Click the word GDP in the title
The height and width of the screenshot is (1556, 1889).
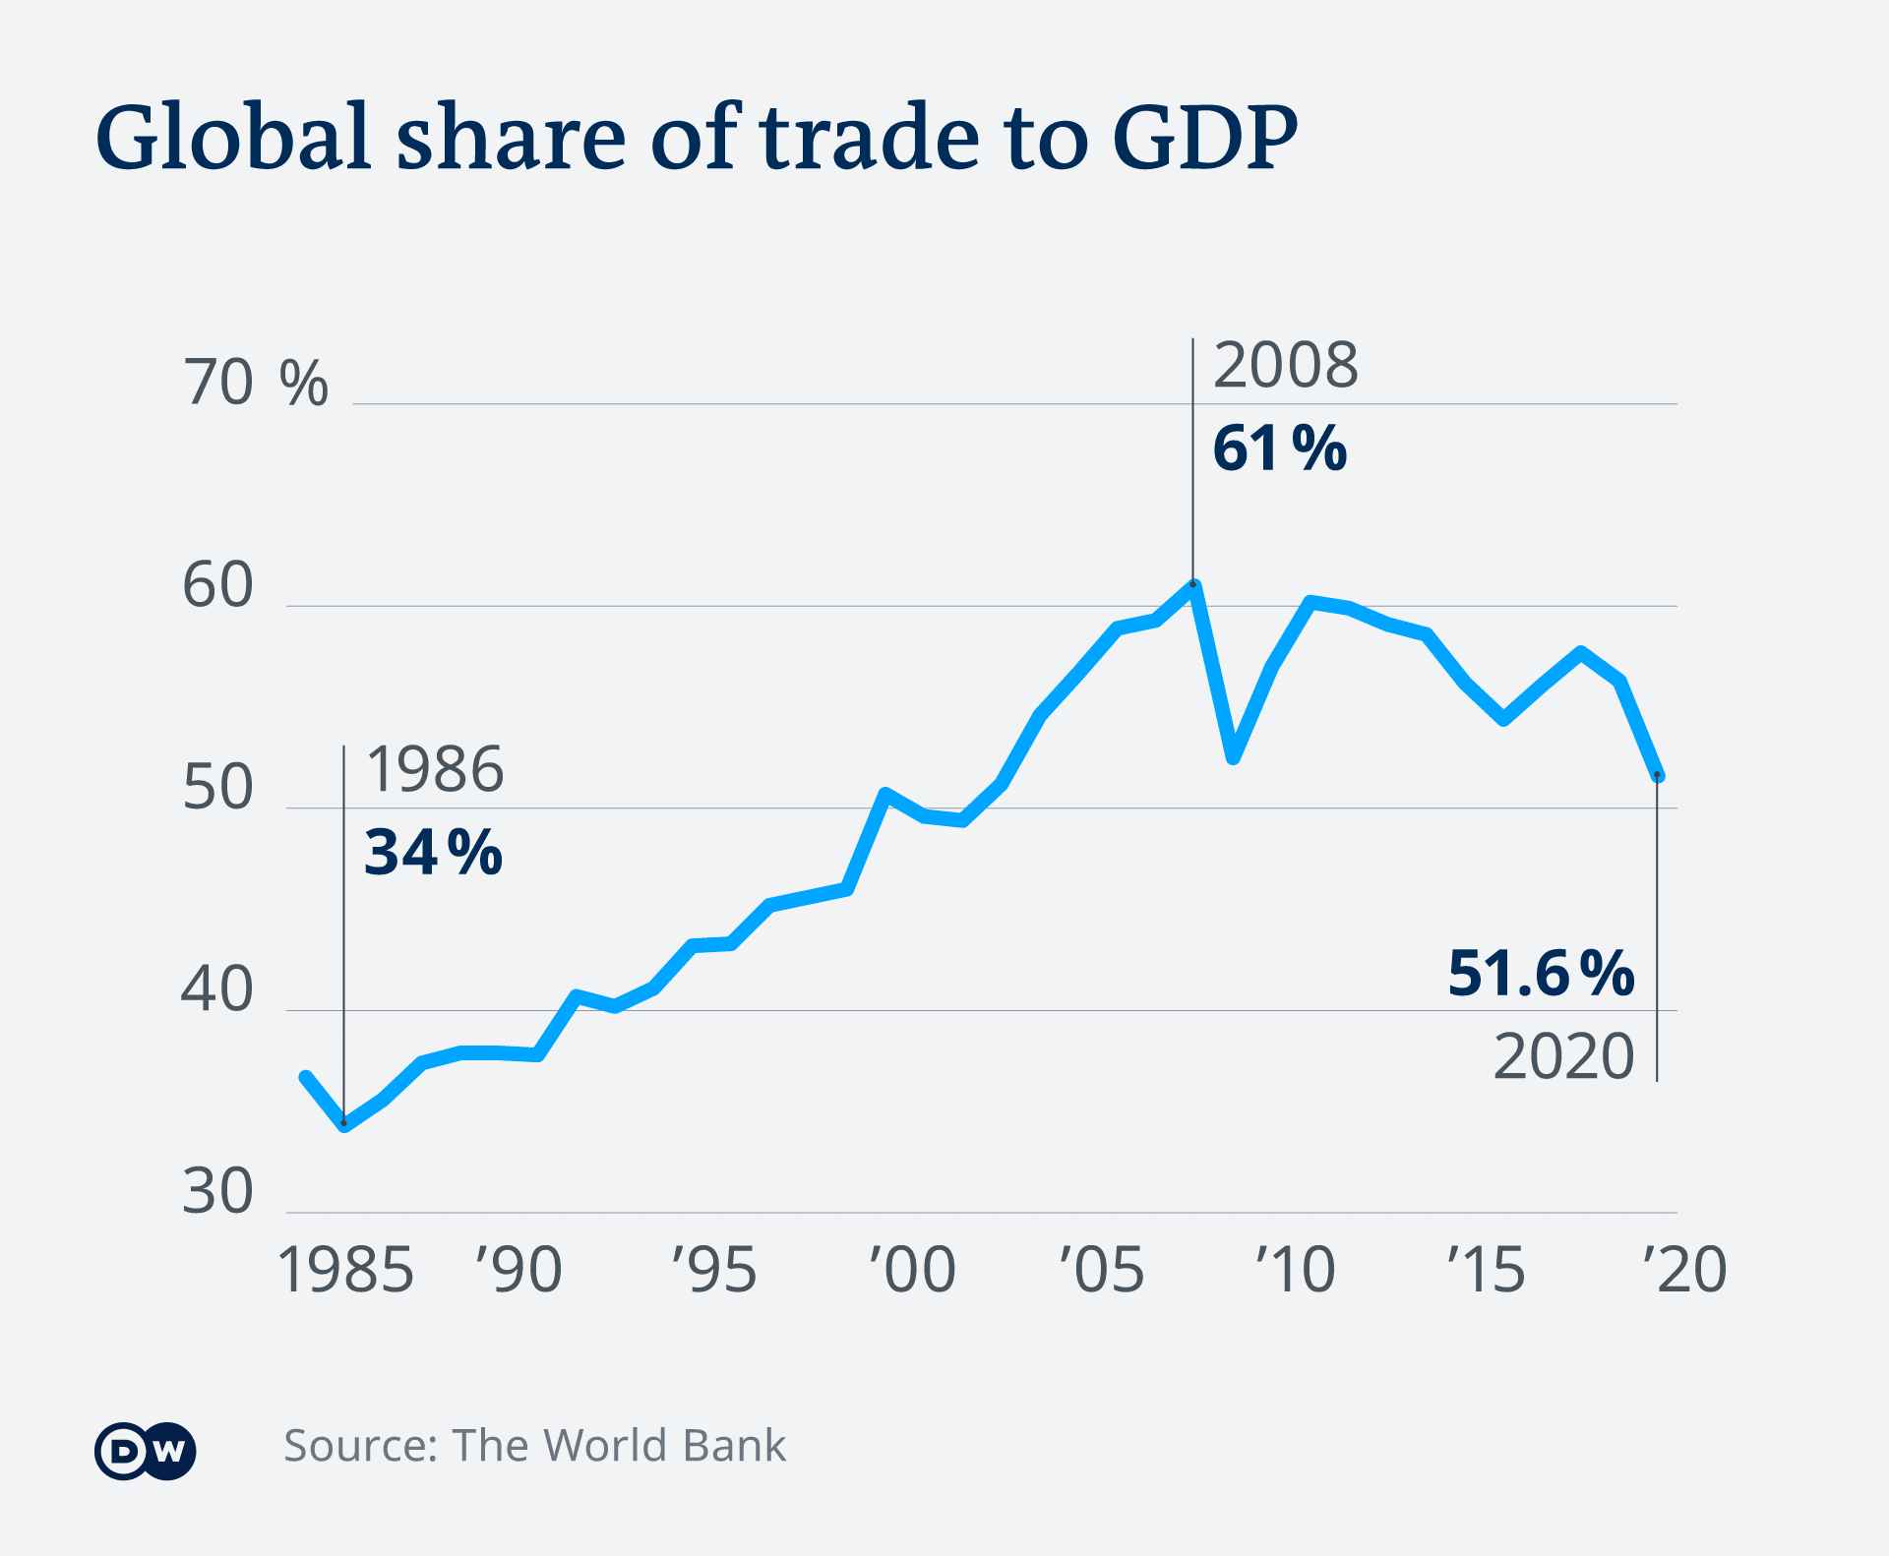1204,137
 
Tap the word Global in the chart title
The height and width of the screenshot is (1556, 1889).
233,137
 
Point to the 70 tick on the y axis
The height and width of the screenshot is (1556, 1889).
218,384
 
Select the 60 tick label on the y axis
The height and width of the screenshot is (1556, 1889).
218,586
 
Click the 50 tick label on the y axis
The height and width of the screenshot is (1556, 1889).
218,789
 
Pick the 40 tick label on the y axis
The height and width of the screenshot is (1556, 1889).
218,990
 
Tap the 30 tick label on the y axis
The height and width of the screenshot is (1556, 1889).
218,1192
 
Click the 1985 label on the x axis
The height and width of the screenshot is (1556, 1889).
345,1270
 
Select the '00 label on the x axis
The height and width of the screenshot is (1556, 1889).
912,1270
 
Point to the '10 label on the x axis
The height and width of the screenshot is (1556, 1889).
1295,1270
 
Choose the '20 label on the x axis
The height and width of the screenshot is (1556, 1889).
1684,1270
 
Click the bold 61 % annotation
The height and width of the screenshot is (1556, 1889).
1279,449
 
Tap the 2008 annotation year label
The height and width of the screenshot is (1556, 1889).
1285,366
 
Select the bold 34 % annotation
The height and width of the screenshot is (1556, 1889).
433,852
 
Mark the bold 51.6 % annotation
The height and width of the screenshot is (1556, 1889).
1541,974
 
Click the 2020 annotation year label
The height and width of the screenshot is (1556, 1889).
1563,1057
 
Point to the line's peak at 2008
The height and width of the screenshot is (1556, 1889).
1193,585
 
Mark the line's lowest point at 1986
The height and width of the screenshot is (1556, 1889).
344,1124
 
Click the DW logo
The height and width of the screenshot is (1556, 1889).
146,1451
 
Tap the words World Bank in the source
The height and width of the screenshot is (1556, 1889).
664,1446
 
